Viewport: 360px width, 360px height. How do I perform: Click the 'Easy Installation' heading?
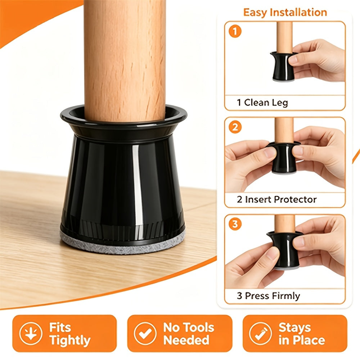click(285, 12)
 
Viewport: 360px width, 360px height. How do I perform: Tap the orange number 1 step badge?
click(235, 31)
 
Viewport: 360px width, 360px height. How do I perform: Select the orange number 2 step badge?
click(235, 127)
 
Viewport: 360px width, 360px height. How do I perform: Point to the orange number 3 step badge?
click(235, 224)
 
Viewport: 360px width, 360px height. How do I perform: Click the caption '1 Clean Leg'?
click(262, 103)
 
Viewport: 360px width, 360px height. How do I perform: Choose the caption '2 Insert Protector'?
click(276, 199)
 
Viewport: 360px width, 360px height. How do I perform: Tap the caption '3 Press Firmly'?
click(268, 296)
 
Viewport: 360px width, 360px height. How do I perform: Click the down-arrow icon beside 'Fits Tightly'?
click(31, 333)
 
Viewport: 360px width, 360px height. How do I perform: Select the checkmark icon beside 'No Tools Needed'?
click(145, 333)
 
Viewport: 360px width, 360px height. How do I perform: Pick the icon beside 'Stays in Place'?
click(261, 333)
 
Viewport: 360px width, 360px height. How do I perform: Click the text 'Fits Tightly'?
click(70, 334)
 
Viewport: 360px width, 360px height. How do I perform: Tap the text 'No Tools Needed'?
click(189, 334)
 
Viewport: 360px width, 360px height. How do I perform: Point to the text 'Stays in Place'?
click(302, 334)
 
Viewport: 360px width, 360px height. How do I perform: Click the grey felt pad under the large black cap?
click(123, 246)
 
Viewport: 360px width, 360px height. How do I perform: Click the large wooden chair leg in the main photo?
click(125, 60)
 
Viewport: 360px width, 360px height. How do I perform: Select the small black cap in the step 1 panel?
click(283, 66)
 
